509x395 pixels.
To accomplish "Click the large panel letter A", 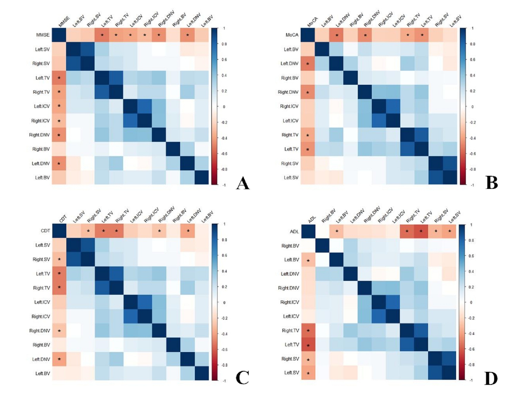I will tap(242, 183).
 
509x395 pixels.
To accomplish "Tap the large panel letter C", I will tap(242, 378).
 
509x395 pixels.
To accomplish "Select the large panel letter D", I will tap(491, 378).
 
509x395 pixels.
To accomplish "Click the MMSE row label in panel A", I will tap(43, 35).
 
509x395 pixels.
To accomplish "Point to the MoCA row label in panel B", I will tap(292, 35).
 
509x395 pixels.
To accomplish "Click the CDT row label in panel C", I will tap(45, 231).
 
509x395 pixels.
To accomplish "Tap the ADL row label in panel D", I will tap(294, 232).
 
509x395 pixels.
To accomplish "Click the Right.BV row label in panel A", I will tap(41, 149).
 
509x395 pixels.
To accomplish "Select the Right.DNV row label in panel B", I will tap(288, 92).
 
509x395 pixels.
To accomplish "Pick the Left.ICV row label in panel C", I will tap(42, 302).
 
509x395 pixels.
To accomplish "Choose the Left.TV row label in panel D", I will tap(292, 345).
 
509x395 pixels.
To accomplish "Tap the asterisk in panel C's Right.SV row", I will tap(59, 260).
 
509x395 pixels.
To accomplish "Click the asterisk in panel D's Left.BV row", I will tap(308, 261).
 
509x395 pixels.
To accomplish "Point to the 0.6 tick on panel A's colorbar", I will tap(224, 59).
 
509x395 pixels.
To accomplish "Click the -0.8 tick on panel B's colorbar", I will tap(472, 169).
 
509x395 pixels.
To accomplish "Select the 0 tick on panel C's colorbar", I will tap(224, 302).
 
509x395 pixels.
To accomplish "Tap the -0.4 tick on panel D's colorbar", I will tap(471, 333).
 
